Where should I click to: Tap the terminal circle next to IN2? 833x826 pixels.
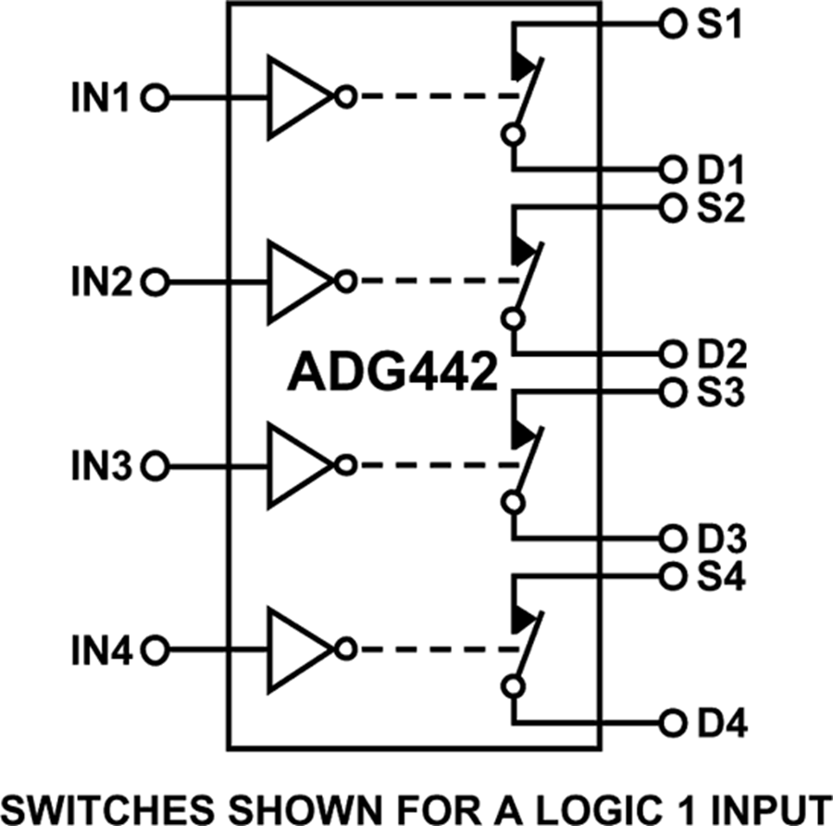[x=157, y=280]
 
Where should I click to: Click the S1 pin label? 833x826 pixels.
[x=716, y=25]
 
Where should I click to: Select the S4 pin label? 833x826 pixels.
[x=716, y=575]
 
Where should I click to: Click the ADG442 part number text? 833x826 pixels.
[x=392, y=373]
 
